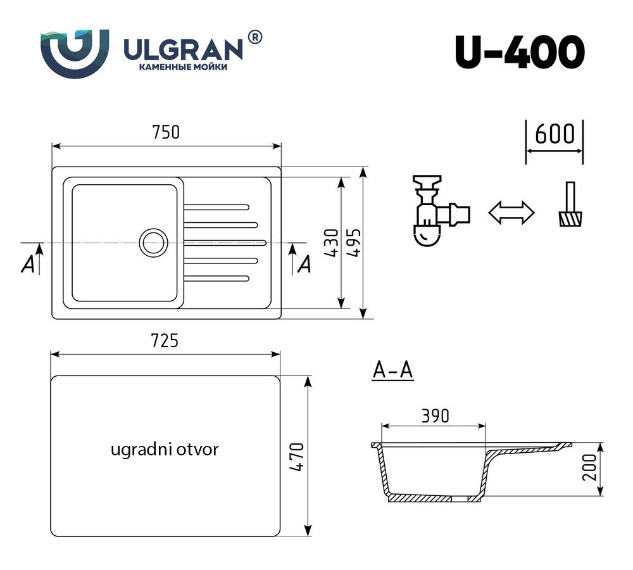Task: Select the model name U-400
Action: pos(519,52)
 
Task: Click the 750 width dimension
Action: pos(166,132)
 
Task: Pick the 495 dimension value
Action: pos(354,243)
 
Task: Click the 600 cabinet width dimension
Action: pos(555,135)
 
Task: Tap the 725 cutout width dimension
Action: pos(165,341)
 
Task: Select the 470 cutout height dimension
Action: pos(296,457)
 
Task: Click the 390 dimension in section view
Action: pos(435,415)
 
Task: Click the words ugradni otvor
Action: pos(164,450)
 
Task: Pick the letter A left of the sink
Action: pos(28,265)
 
